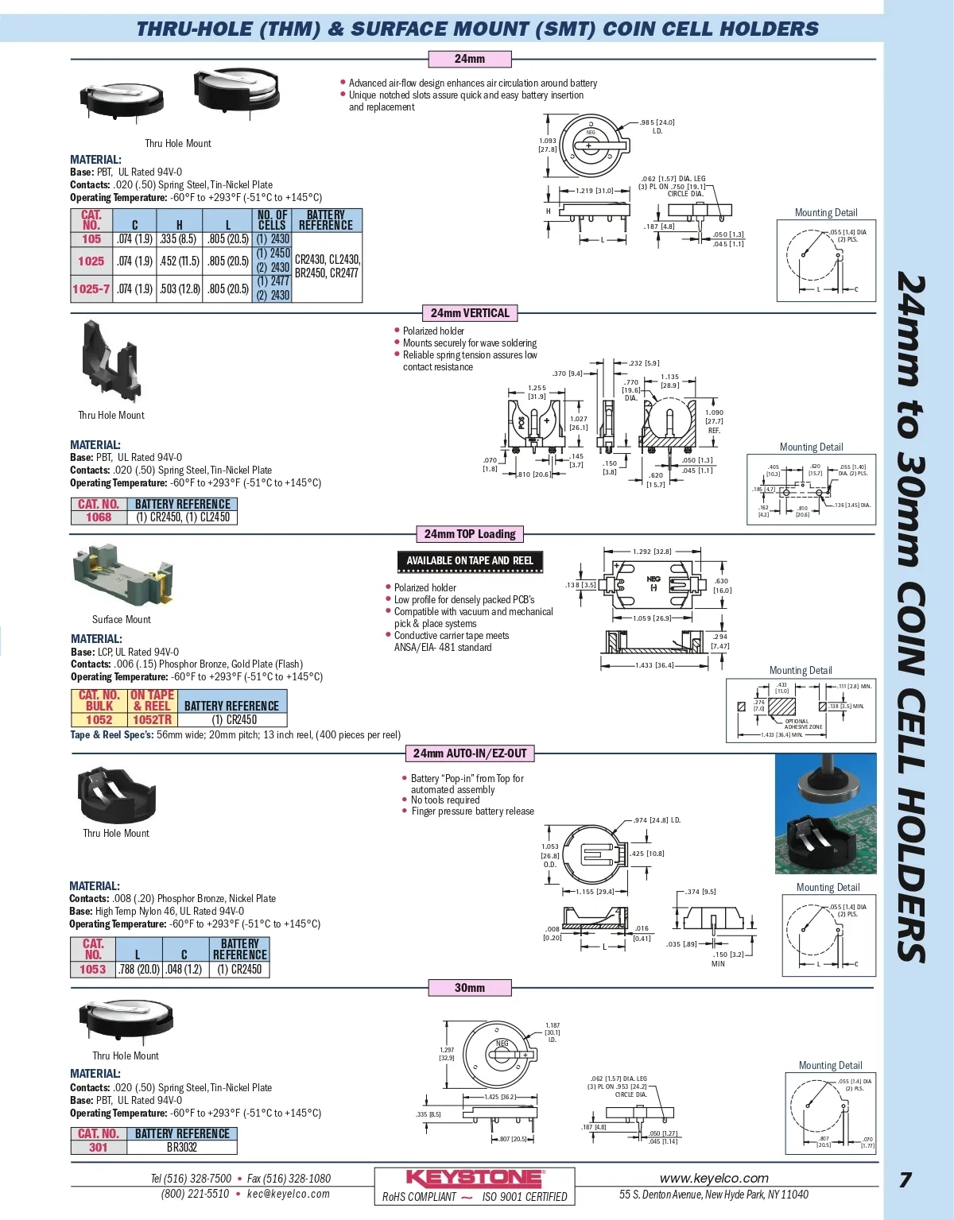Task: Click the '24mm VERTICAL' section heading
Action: click(x=470, y=313)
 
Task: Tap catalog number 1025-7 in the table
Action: click(x=91, y=289)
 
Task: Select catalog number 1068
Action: click(x=99, y=517)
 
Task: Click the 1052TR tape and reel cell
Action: click(x=152, y=719)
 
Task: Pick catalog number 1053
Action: click(x=93, y=969)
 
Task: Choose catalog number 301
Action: click(x=99, y=1147)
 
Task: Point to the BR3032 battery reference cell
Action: click(x=182, y=1147)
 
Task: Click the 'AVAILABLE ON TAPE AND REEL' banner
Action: click(x=470, y=560)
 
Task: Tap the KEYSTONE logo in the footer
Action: click(x=475, y=1178)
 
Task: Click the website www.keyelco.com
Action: click(x=714, y=1178)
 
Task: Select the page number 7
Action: click(x=906, y=1179)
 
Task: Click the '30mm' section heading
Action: click(x=469, y=988)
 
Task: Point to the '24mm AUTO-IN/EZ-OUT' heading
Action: click(x=470, y=753)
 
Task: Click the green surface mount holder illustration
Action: click(x=122, y=574)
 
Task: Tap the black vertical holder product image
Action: click(x=108, y=362)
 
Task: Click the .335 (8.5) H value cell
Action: click(x=179, y=238)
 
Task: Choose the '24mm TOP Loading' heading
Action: click(x=470, y=534)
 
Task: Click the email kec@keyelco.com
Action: click(x=288, y=1194)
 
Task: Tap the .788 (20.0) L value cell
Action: click(x=139, y=969)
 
